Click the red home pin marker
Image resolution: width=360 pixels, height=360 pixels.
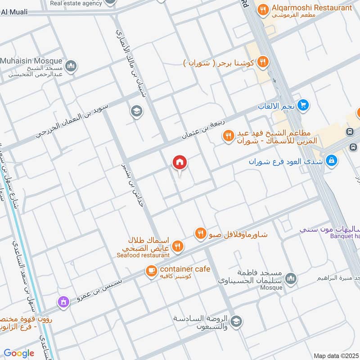[180, 162]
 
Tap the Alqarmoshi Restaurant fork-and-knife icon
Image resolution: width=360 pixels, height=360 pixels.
[262, 9]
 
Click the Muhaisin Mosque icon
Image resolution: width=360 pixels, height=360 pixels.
[71, 67]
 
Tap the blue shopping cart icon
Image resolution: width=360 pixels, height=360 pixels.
[304, 105]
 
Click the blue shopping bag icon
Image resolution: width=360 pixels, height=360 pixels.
[332, 160]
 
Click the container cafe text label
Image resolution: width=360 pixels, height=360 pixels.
[184, 269]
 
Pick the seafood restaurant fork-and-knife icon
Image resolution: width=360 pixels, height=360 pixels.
[178, 246]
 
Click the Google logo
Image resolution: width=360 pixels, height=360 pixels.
[19, 353]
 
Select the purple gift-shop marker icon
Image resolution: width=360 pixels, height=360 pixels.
[63, 301]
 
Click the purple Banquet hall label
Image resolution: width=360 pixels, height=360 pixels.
[345, 236]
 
